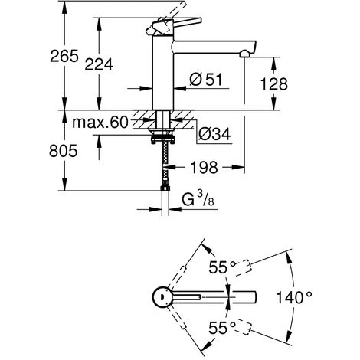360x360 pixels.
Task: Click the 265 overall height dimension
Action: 64,56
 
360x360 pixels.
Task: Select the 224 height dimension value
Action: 99,64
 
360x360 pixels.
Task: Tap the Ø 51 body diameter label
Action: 206,80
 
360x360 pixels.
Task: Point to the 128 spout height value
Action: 274,83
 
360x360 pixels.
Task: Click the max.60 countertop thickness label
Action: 100,123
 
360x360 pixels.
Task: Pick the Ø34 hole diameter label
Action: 214,134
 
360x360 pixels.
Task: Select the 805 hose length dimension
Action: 63,151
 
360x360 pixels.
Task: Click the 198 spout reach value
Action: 205,168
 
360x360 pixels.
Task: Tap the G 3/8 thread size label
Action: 198,199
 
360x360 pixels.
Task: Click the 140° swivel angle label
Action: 294,298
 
